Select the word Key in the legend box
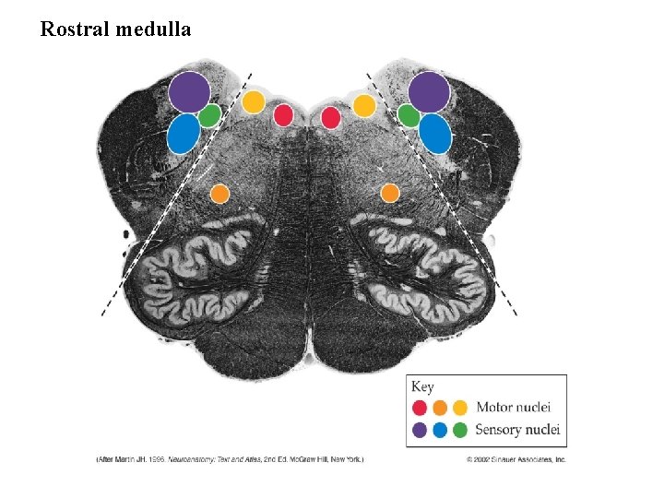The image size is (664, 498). click(x=422, y=387)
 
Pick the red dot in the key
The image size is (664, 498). click(x=420, y=408)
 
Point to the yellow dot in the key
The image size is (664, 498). click(x=459, y=408)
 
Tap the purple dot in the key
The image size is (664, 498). click(x=420, y=430)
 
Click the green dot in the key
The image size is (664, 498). click(x=459, y=430)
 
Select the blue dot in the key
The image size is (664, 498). click(x=440, y=430)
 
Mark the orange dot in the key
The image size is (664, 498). click(x=440, y=408)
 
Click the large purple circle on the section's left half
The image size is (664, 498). click(x=189, y=91)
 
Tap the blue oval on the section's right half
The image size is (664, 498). click(x=435, y=134)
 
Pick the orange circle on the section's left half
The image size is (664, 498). click(x=219, y=194)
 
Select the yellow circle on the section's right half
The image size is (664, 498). click(x=364, y=105)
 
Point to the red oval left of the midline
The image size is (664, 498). click(x=283, y=115)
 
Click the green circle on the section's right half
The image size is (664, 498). click(x=409, y=116)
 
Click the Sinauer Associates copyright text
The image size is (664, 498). click(x=516, y=458)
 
